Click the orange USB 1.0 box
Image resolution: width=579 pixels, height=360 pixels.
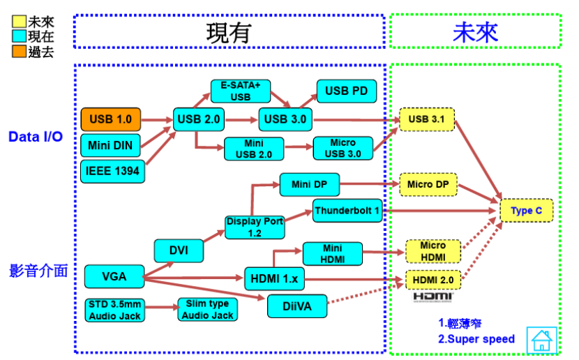(x=110, y=119)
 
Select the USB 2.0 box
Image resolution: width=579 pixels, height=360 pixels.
(x=198, y=119)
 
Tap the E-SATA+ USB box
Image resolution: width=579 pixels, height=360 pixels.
(x=240, y=91)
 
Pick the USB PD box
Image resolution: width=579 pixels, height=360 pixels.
(x=346, y=91)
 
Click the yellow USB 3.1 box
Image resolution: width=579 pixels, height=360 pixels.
(x=427, y=119)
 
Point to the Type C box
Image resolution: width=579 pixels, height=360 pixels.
(x=526, y=211)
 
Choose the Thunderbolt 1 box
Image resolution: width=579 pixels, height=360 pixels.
(x=347, y=210)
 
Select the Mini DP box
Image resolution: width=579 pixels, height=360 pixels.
(x=309, y=185)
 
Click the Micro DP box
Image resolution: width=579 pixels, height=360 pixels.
(x=427, y=185)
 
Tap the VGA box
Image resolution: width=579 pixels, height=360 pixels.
(x=114, y=276)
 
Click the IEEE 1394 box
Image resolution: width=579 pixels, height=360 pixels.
(x=112, y=170)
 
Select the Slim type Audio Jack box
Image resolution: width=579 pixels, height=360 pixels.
(x=207, y=310)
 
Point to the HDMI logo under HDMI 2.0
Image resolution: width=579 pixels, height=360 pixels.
(x=433, y=297)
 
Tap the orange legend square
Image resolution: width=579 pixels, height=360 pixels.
(x=19, y=52)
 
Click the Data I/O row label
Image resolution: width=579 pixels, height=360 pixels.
(x=36, y=137)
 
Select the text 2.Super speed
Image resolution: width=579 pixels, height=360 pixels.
(x=476, y=339)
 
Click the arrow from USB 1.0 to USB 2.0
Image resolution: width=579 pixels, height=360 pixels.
(x=157, y=120)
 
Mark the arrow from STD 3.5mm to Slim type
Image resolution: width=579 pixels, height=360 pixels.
(x=161, y=308)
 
